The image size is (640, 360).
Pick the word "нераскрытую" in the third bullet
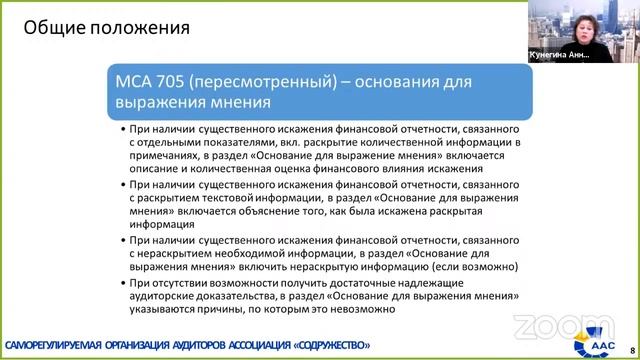click(x=339, y=266)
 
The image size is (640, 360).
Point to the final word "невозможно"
click(x=367, y=309)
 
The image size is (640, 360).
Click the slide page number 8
click(x=631, y=342)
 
